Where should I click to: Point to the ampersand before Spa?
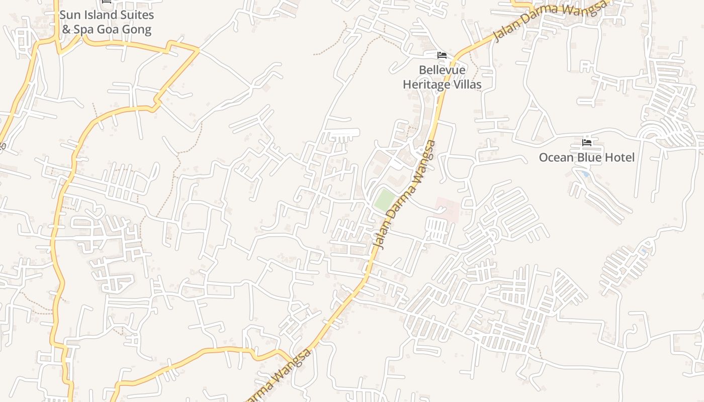pos(66,29)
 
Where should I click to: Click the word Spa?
pos(84,30)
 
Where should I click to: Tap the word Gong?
pos(137,30)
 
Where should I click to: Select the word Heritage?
pos(426,84)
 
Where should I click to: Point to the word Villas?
pos(468,84)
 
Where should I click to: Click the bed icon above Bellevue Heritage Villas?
pos(442,55)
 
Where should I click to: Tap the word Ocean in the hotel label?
pos(556,158)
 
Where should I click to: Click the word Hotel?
pos(620,158)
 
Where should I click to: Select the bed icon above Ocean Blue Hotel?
pos(586,143)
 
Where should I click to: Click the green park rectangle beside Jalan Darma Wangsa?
pos(385,200)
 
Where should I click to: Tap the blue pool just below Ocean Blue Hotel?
pos(584,173)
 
